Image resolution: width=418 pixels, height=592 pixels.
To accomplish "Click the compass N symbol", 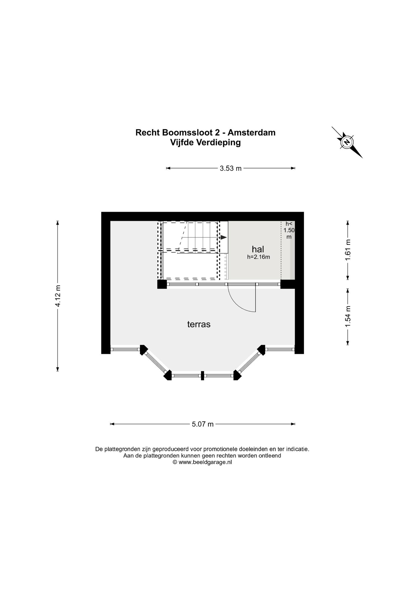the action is tap(347, 142).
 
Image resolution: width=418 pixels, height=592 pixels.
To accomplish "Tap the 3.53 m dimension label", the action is tap(231, 168).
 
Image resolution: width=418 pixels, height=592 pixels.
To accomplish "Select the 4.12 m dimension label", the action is tap(58, 296).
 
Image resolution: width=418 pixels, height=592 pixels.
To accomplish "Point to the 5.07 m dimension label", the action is tap(203, 424).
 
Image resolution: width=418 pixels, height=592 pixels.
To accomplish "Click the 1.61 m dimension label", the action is tap(348, 250).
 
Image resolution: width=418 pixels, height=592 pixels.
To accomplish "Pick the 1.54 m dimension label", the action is tap(348, 317).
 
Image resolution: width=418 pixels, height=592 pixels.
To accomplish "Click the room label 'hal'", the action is tap(258, 249).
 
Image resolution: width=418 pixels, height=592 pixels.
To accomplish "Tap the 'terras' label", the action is tap(199, 324).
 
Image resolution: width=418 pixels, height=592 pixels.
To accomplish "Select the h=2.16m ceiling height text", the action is tap(258, 257).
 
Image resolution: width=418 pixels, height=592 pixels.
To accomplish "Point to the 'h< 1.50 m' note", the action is tap(289, 230).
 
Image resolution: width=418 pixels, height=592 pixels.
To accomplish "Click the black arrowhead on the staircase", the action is tap(223, 237).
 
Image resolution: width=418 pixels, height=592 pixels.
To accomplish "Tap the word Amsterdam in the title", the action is tap(251, 132).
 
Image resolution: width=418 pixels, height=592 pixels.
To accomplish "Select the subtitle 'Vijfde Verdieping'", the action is tap(205, 143).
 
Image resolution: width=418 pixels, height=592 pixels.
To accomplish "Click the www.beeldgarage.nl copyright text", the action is tap(202, 462).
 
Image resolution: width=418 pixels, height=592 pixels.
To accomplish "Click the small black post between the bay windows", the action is tap(203, 375).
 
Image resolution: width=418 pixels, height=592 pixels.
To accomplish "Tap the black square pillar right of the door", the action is tap(288, 284).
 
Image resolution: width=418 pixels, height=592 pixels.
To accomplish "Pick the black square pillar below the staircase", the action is tap(162, 284).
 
